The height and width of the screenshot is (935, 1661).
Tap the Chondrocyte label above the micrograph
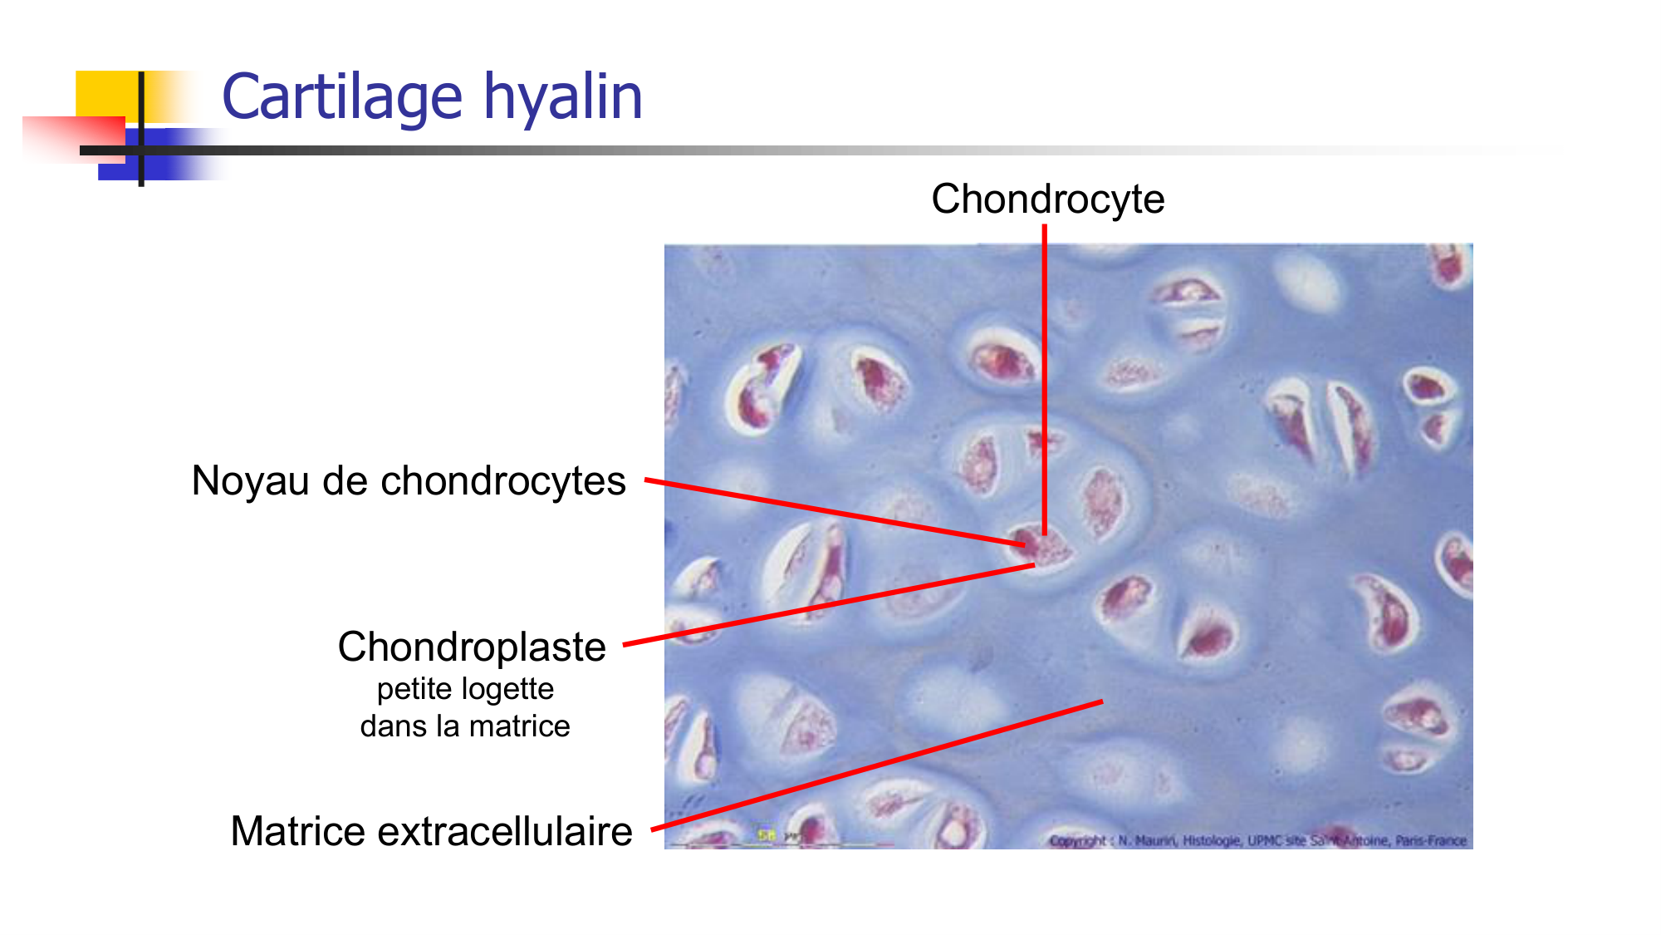(1047, 199)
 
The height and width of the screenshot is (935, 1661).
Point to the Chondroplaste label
(472, 647)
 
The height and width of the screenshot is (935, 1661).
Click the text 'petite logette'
(465, 689)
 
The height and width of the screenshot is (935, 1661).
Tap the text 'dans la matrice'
(465, 726)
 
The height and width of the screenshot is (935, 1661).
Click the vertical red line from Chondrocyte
(1045, 374)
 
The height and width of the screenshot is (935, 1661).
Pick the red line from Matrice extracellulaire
(872, 767)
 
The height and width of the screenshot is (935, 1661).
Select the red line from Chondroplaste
(830, 604)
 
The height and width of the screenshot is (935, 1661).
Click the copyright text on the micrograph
(1257, 840)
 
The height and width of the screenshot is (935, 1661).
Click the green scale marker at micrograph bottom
(765, 834)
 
